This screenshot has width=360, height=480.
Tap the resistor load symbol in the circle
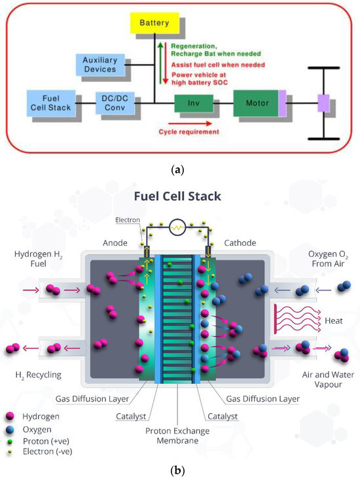coord(179,228)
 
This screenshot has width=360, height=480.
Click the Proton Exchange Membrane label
coord(179,437)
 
